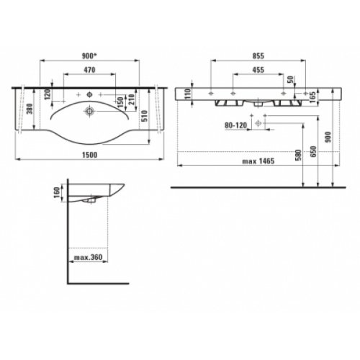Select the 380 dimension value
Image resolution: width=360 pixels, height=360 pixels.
[x=26, y=109]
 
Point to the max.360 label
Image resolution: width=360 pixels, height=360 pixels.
[x=85, y=257]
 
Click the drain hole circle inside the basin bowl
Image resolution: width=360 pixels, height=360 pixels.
[x=89, y=111]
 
